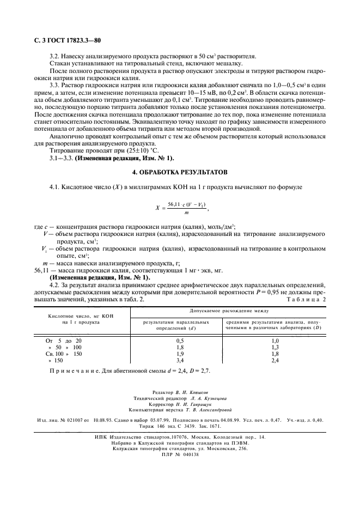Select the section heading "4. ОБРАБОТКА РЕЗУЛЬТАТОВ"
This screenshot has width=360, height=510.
pos(180,172)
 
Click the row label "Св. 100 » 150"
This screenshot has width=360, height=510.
pos(63,354)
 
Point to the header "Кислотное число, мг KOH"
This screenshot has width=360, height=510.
pos(72,316)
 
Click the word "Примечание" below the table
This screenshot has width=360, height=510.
pos(73,371)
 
